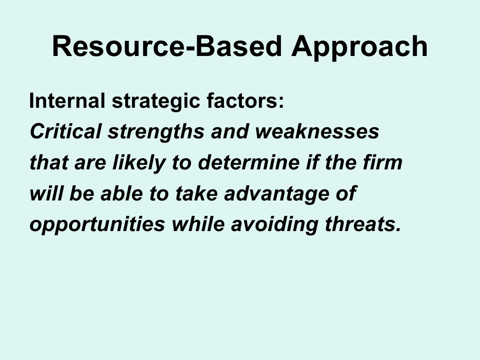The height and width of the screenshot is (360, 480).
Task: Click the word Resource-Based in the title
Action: click(167, 47)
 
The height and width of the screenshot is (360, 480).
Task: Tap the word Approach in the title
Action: click(359, 48)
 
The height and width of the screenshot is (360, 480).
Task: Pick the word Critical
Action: click(65, 132)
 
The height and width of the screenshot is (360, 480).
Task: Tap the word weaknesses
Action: click(317, 132)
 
